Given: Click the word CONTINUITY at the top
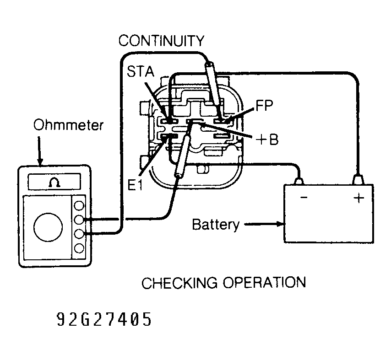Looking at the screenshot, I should tap(161, 41).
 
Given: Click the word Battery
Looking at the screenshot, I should tap(215, 225).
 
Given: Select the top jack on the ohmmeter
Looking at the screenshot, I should tap(79, 204).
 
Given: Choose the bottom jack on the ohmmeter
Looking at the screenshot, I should tap(79, 248).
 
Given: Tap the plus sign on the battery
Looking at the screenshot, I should tap(358, 199).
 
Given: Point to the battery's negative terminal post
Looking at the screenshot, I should tap(299, 181).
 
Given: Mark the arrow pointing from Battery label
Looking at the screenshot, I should tap(264, 225).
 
